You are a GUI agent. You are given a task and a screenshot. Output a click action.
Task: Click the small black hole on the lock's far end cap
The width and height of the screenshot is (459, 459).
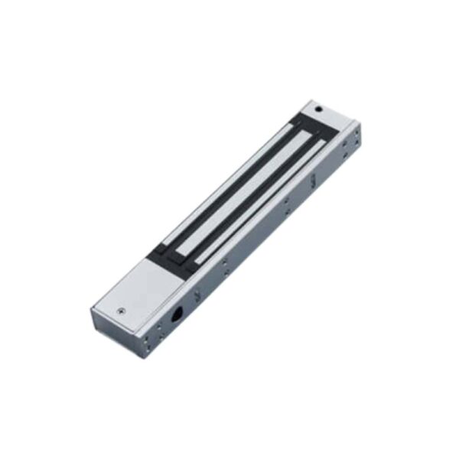[318, 109]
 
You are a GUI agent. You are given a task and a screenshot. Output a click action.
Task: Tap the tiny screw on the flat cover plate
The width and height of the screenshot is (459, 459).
[119, 312]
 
